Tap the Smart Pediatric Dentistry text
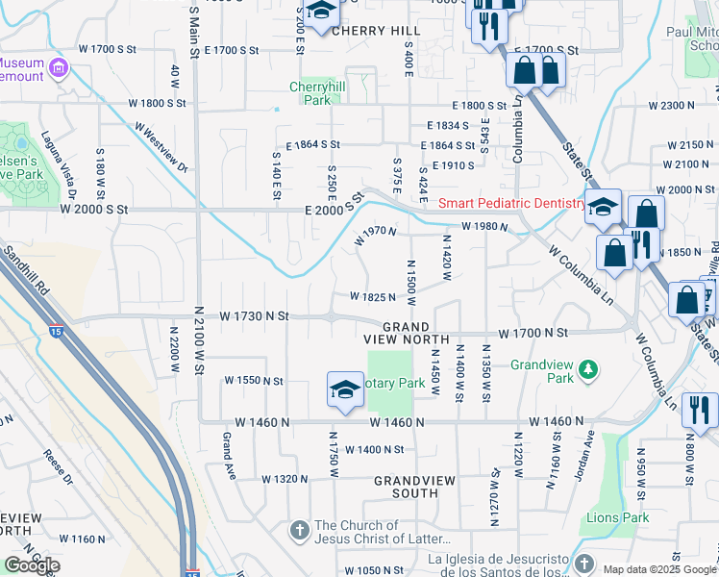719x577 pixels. [x=511, y=203]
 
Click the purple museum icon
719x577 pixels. [x=59, y=68]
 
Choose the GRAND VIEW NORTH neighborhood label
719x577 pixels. [x=407, y=333]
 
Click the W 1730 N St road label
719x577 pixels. [x=254, y=314]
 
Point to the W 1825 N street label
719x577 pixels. [x=373, y=297]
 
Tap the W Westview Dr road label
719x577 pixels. [x=161, y=146]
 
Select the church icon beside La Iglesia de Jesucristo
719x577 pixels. [x=587, y=561]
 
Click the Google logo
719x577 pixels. [x=32, y=565]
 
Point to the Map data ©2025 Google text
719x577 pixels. [x=659, y=569]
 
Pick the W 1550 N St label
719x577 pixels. [x=254, y=381]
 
